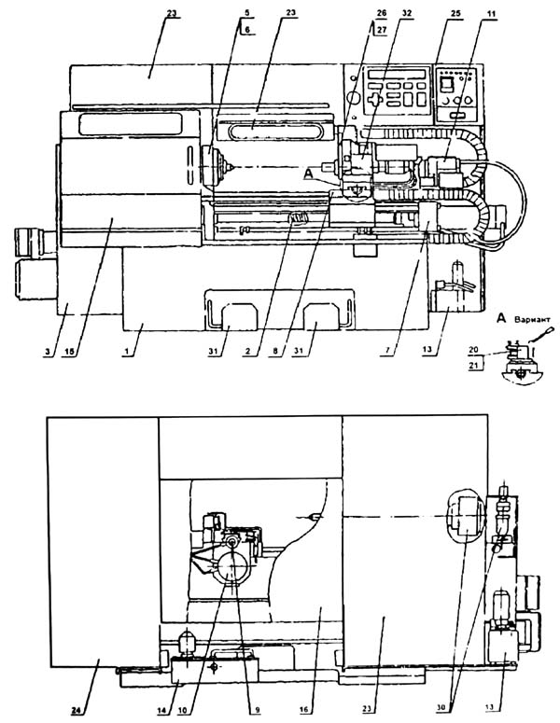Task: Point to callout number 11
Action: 476,16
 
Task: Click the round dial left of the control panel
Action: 351,96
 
